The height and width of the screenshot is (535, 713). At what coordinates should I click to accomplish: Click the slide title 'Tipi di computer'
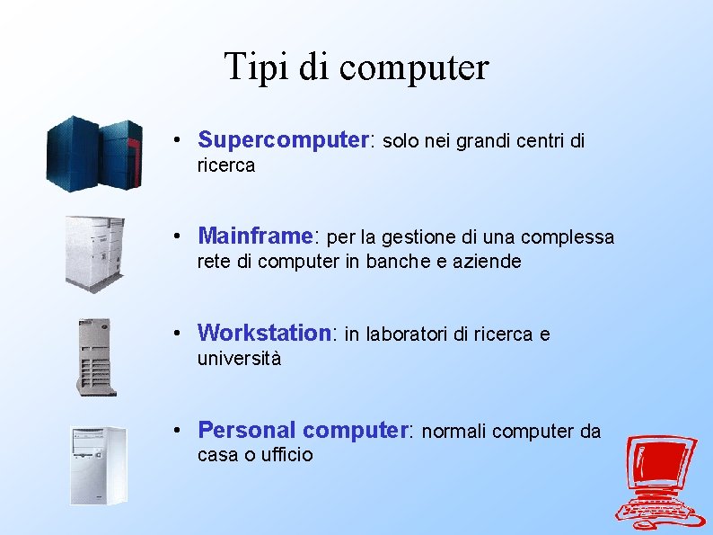point(356,67)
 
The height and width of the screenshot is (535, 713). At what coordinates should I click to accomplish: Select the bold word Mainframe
point(254,236)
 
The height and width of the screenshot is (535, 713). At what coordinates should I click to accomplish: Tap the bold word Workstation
point(265,333)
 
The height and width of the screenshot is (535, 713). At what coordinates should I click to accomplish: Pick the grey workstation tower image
point(96,356)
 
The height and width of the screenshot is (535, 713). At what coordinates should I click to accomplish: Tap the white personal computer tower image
point(98,465)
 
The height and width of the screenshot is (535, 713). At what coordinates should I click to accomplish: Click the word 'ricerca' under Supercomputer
point(226,165)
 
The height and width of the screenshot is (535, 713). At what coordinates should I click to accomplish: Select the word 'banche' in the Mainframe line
point(418,262)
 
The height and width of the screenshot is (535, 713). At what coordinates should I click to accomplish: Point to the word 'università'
point(239,359)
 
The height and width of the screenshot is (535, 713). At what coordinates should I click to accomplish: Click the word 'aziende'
point(489,262)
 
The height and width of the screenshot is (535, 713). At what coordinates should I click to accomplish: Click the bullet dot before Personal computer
point(180,431)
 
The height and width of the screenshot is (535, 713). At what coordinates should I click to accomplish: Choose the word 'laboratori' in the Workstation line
point(404,334)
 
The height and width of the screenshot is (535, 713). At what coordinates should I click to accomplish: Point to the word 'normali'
point(454,432)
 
